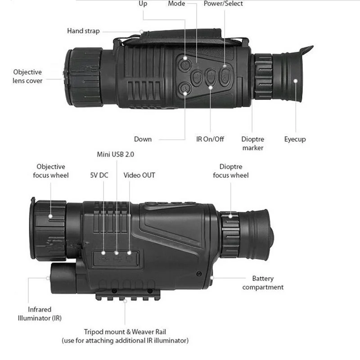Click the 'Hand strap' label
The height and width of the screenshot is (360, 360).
click(x=83, y=31)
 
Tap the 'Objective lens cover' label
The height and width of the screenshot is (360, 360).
click(x=27, y=76)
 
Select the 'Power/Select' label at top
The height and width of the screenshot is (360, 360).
click(x=223, y=4)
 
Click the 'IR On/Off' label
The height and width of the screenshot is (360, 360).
click(x=210, y=139)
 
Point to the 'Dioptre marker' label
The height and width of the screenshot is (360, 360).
click(x=252, y=143)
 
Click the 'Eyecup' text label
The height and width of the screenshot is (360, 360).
click(x=295, y=139)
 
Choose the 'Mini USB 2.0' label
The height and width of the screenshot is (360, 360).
click(x=115, y=154)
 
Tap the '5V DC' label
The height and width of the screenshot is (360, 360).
click(x=99, y=175)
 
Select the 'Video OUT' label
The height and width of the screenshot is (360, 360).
click(x=139, y=175)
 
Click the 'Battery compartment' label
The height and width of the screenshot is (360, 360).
click(x=263, y=283)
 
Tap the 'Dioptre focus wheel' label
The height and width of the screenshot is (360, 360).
click(x=230, y=171)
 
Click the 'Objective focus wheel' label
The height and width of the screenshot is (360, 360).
click(x=51, y=171)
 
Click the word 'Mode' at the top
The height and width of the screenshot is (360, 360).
click(x=176, y=4)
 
